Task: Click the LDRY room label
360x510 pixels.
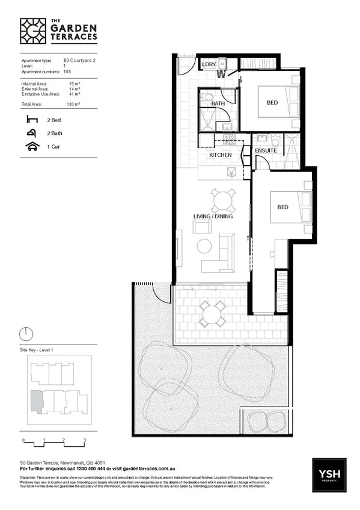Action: [209, 64]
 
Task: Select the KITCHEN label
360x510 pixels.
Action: [220, 155]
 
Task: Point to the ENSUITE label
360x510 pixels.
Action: [266, 150]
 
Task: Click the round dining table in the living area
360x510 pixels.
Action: [223, 199]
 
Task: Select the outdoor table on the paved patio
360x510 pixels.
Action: [213, 313]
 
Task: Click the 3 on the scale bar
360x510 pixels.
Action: [85, 441]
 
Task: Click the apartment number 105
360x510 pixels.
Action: [67, 71]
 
